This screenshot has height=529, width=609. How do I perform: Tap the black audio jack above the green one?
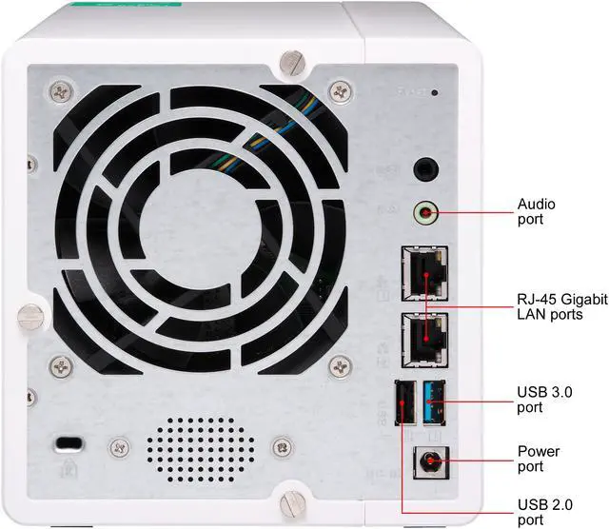[425, 170]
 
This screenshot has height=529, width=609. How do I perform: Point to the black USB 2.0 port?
[403, 403]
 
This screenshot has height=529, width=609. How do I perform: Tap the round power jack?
[426, 464]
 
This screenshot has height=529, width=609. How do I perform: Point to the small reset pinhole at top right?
[435, 92]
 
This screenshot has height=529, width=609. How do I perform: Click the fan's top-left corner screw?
[61, 91]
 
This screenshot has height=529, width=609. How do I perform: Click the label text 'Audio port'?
[536, 212]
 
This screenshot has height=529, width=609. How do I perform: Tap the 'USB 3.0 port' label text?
[543, 400]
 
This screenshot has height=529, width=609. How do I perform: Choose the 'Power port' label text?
[538, 459]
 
